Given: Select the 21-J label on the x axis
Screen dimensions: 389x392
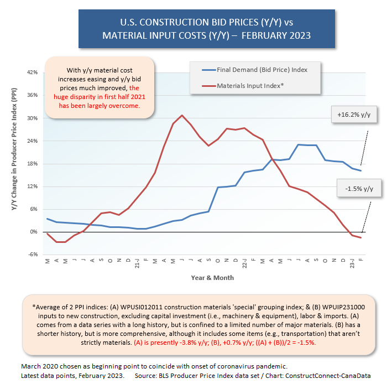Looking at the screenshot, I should (137, 262).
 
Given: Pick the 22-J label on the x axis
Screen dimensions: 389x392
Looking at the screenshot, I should (244, 262).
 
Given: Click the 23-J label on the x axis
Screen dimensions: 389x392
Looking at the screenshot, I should (352, 262).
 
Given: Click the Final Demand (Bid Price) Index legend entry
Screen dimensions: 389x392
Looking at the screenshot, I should (262, 70).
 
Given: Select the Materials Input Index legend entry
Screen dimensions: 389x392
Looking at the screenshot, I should (250, 86).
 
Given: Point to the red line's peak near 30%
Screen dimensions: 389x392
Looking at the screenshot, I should (182, 115).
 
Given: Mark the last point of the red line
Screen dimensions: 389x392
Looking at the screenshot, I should (361, 237).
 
